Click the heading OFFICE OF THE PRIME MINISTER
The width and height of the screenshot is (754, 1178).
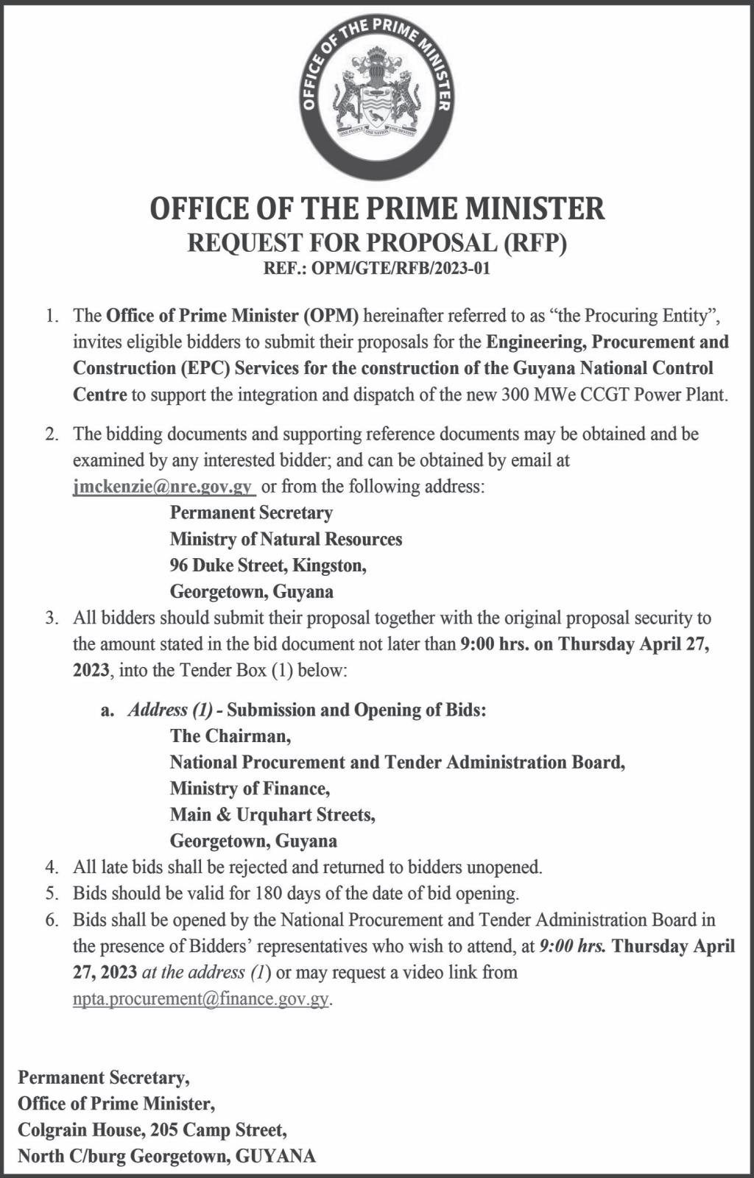pyautogui.click(x=377, y=208)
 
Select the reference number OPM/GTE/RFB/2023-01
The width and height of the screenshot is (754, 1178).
pyautogui.click(x=401, y=268)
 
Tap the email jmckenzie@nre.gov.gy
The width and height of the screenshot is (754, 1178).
pyautogui.click(x=164, y=487)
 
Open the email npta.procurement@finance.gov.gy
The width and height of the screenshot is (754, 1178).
pyautogui.click(x=200, y=999)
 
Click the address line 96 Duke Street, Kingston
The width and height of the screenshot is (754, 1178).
pyautogui.click(x=268, y=565)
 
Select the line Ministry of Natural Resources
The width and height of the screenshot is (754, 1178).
pyautogui.click(x=286, y=539)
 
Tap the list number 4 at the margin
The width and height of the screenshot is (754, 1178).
pyautogui.click(x=51, y=867)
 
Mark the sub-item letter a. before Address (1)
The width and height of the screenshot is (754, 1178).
pyautogui.click(x=108, y=710)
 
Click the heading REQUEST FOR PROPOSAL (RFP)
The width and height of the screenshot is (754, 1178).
pyautogui.click(x=377, y=242)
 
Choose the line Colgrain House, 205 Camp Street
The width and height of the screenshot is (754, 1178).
pyautogui.click(x=152, y=1130)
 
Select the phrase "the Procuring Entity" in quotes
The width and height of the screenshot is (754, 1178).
pyautogui.click(x=635, y=316)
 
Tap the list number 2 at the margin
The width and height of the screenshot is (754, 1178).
pyautogui.click(x=51, y=434)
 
